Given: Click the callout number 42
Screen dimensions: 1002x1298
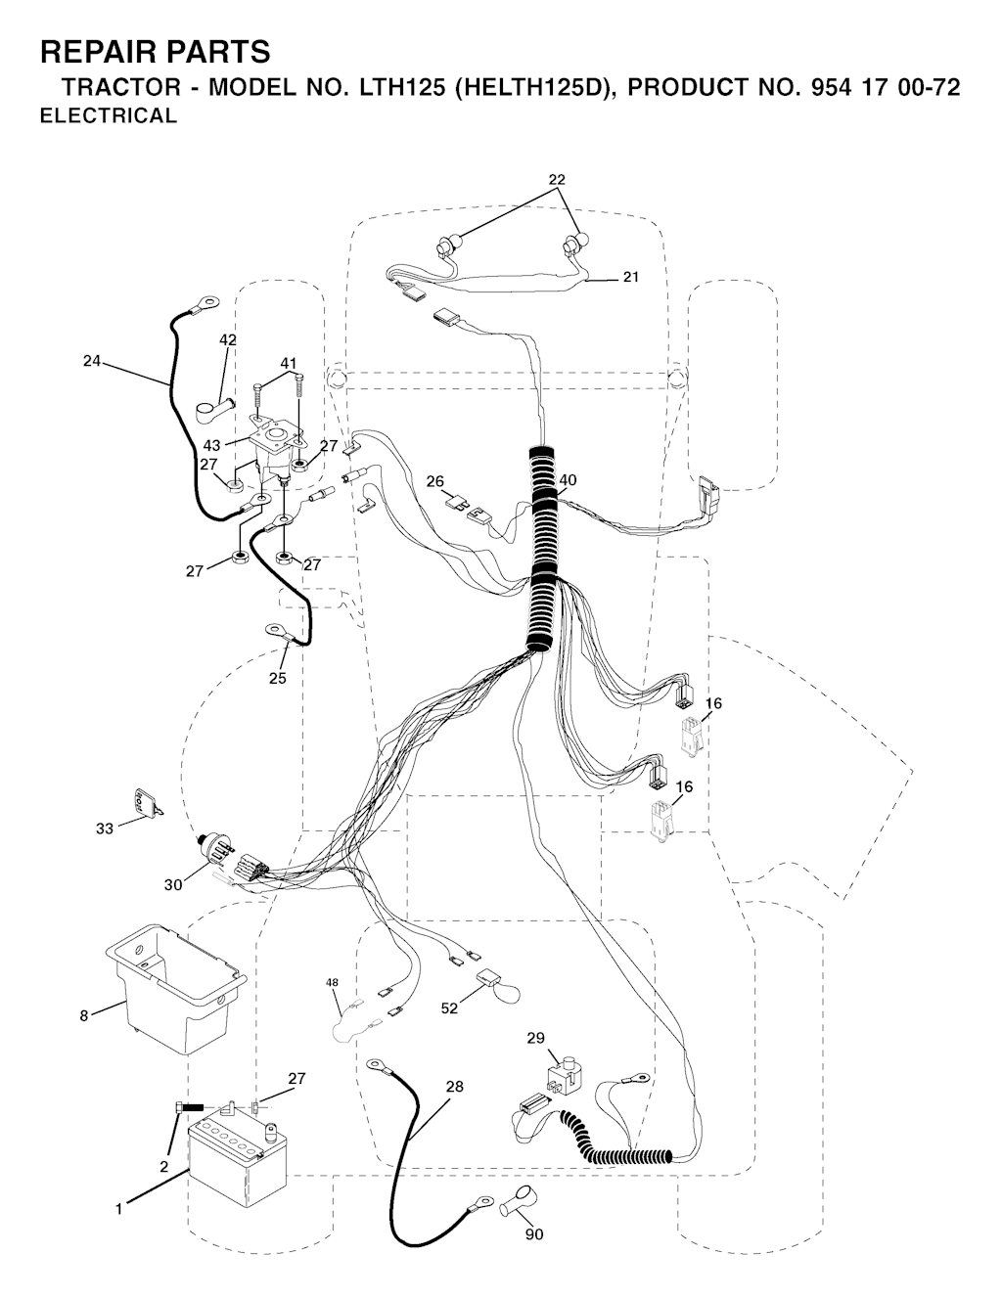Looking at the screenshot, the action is click(x=228, y=339).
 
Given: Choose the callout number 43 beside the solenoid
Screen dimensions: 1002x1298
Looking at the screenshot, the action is click(x=211, y=445).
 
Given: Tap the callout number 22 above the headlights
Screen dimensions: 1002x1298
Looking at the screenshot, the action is click(x=557, y=179).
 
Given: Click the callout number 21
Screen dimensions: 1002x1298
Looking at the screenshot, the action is click(x=631, y=277).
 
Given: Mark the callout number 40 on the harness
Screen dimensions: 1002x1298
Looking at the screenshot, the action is click(x=568, y=480).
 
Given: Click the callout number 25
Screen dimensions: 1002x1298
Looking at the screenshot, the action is click(x=277, y=679).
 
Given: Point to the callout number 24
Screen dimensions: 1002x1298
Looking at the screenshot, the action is click(x=91, y=361).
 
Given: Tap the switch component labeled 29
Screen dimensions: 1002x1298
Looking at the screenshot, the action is click(x=564, y=1075).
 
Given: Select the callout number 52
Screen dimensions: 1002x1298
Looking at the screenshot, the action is click(x=449, y=1008).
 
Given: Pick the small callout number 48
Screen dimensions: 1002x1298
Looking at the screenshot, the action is click(x=333, y=981).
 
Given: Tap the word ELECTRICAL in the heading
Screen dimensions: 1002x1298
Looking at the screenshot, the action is click(x=109, y=115).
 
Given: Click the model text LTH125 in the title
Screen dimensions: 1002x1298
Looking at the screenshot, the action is click(x=395, y=87).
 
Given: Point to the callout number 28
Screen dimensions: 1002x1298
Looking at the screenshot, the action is click(x=454, y=1087).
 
